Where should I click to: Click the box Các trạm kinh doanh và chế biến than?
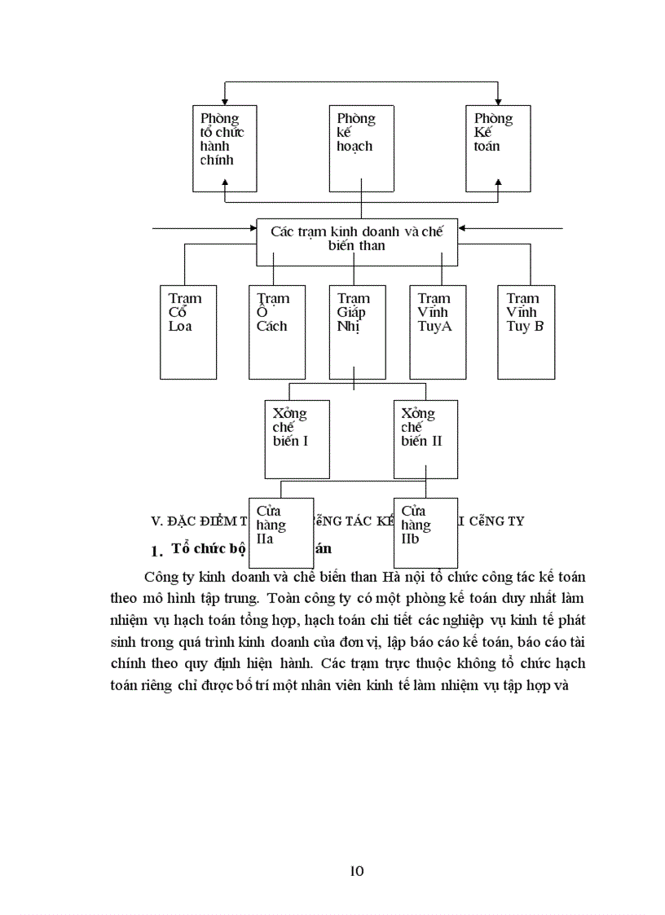(x=357, y=241)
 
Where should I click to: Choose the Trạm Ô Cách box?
(x=277, y=332)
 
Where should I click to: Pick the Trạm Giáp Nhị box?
(x=357, y=332)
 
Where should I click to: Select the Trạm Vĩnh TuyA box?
(x=438, y=332)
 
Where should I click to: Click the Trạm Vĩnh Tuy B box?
(x=526, y=332)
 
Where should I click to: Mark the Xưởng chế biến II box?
(x=425, y=438)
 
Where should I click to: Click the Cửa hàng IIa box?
(x=280, y=532)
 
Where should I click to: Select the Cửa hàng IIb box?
(x=425, y=532)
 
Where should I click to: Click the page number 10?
(x=356, y=870)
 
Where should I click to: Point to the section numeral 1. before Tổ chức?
(x=159, y=551)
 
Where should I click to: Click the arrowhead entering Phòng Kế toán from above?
(x=497, y=100)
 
